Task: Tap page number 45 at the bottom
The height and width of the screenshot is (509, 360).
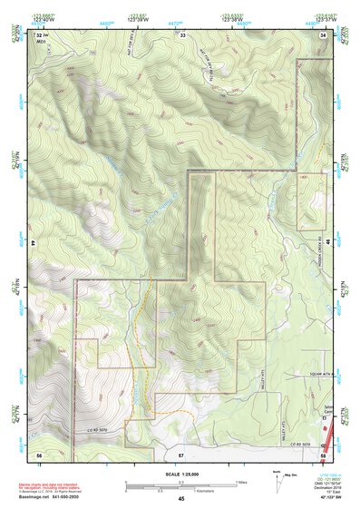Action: (180, 499)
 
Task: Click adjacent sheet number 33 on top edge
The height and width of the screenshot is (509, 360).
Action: (182, 34)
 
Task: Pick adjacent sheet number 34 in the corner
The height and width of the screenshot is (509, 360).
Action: (325, 34)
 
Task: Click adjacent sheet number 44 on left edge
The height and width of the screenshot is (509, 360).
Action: (33, 244)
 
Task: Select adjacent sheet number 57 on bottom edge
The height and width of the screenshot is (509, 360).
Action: (181, 452)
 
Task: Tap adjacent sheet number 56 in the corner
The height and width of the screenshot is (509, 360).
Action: (39, 452)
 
